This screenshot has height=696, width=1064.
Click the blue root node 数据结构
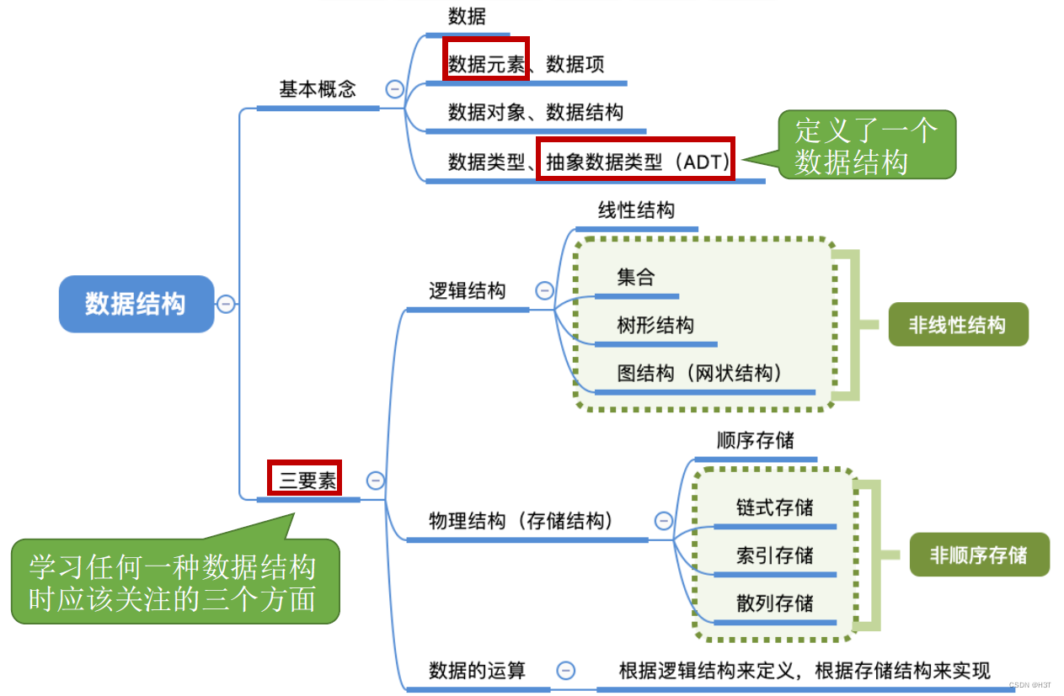[x=136, y=304]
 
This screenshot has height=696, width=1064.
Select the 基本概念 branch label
[x=318, y=88]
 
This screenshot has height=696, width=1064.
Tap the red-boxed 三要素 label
[x=306, y=480]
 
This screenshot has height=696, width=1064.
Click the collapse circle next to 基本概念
[x=394, y=88]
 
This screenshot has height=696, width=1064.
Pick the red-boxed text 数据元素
[x=486, y=64]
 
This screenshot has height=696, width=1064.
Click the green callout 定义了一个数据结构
[x=866, y=145]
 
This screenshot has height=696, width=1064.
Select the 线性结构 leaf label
[x=636, y=210]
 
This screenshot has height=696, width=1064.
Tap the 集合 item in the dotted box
[x=635, y=277]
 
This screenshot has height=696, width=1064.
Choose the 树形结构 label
[x=655, y=325]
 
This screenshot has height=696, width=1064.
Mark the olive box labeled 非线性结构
[x=958, y=325]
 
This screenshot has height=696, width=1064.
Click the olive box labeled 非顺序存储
[x=979, y=555]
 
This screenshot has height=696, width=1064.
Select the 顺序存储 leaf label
[x=755, y=440]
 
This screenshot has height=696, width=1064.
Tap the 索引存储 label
[x=774, y=555]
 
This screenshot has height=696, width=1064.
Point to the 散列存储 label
[x=774, y=603]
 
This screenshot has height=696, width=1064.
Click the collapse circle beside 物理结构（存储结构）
[x=664, y=521]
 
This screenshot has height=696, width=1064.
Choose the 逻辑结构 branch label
[x=467, y=291]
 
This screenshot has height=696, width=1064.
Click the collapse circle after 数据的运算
[x=566, y=670]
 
